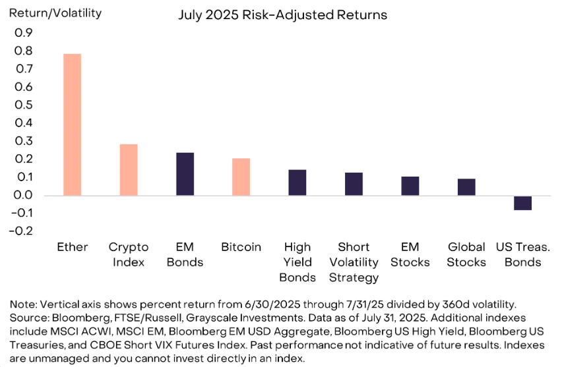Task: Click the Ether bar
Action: [x=72, y=125]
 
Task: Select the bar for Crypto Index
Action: [x=129, y=170]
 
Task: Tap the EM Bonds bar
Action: [x=185, y=174]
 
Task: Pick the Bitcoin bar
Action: [x=241, y=177]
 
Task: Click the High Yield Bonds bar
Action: [x=297, y=183]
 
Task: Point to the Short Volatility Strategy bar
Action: [x=354, y=184]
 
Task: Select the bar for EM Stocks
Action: [x=410, y=186]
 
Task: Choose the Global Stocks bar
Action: [x=466, y=187]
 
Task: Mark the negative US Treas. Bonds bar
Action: [x=522, y=203]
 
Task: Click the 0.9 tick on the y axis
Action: [x=24, y=33]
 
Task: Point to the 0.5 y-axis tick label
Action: [x=24, y=105]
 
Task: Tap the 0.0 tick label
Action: [x=24, y=195]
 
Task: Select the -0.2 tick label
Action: [x=21, y=231]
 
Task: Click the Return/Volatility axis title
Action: [x=55, y=13]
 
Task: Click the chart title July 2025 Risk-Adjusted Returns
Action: [x=283, y=15]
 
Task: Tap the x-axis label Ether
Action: [x=73, y=247]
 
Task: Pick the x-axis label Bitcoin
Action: [x=241, y=247]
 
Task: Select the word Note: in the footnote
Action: [x=23, y=304]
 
